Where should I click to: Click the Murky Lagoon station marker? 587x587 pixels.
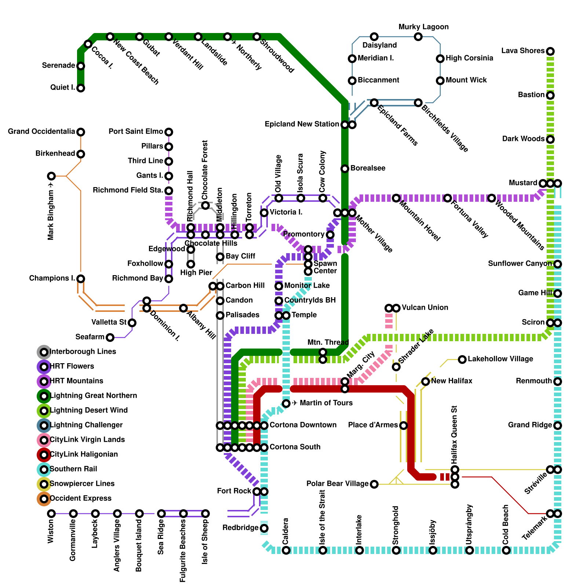pyautogui.click(x=418, y=37)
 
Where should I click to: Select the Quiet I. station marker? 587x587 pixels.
pyautogui.click(x=81, y=88)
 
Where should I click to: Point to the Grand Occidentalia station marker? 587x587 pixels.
pyautogui.click(x=81, y=132)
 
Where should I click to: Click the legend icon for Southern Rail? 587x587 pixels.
pyautogui.click(x=44, y=469)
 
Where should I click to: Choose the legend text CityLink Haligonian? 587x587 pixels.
pyautogui.click(x=84, y=454)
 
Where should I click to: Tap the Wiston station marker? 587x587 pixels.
pyautogui.click(x=51, y=514)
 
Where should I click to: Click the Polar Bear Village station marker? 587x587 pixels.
pyautogui.click(x=374, y=484)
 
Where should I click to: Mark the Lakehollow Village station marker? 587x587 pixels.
pyautogui.click(x=462, y=359)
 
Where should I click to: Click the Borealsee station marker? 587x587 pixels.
pyautogui.click(x=345, y=169)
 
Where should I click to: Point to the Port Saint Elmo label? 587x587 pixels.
pyautogui.click(x=136, y=131)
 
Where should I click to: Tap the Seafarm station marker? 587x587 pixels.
pyautogui.click(x=110, y=338)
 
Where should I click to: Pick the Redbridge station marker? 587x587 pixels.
pyautogui.click(x=264, y=528)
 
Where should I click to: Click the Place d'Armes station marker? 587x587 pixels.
pyautogui.click(x=404, y=426)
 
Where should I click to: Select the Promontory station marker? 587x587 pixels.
pyautogui.click(x=330, y=235)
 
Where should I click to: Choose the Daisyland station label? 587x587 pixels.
pyautogui.click(x=379, y=45)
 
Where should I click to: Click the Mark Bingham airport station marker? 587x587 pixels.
pyautogui.click(x=51, y=176)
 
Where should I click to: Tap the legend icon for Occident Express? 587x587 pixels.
pyautogui.click(x=44, y=499)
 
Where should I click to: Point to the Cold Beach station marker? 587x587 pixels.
pyautogui.click(x=506, y=550)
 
